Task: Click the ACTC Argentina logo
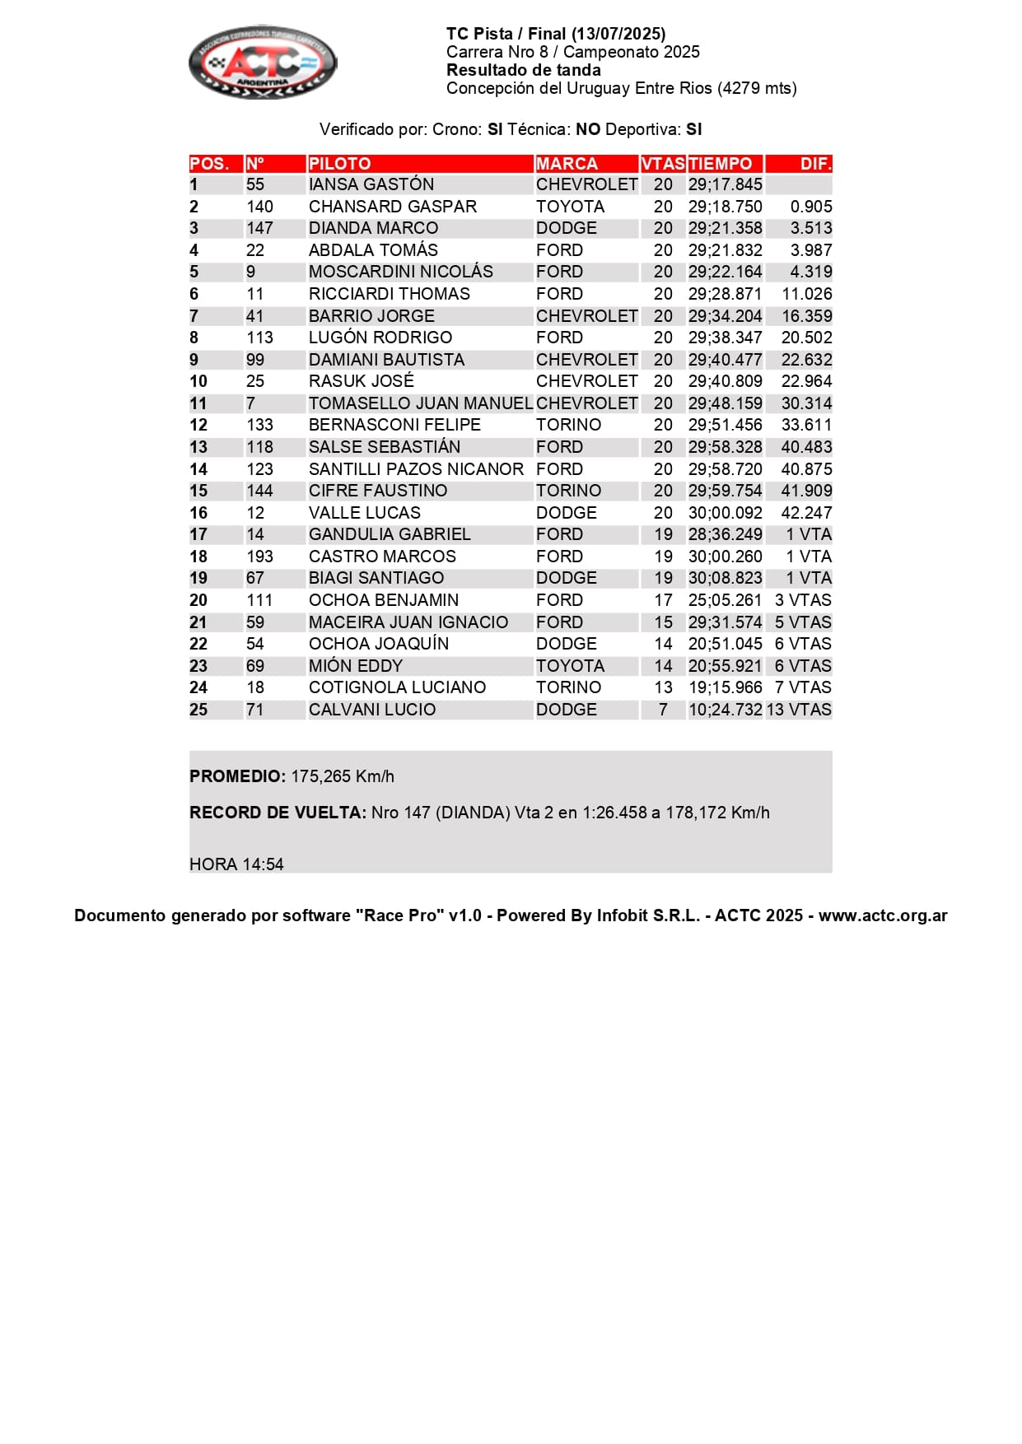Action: [x=263, y=63]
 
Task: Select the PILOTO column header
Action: [x=339, y=164]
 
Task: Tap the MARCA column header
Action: [x=567, y=164]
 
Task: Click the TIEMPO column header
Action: [x=721, y=164]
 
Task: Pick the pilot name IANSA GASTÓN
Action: [x=371, y=184]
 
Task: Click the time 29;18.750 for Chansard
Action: [x=725, y=207]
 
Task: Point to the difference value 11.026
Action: [x=806, y=294]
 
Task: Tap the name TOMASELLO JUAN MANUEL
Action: [x=420, y=403]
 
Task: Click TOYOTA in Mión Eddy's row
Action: [x=570, y=666]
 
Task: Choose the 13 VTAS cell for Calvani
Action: [x=799, y=710]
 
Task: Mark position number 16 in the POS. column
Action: [x=198, y=513]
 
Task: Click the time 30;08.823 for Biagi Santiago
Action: [x=725, y=578]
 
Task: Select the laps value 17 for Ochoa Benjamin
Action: [x=663, y=600]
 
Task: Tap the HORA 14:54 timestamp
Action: [x=236, y=864]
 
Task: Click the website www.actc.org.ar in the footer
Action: [x=883, y=915]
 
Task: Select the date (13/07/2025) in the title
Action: [x=618, y=34]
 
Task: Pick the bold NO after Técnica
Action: [x=588, y=129]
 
